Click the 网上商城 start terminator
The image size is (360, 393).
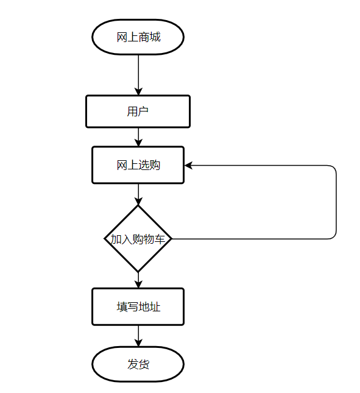coord(138,37)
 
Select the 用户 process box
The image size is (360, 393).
coord(138,112)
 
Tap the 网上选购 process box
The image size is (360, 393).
coord(138,165)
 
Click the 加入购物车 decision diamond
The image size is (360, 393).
coord(138,239)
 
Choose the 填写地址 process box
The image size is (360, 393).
coord(138,306)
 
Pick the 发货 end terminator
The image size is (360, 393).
coord(138,364)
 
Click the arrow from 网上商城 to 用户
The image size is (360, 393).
coord(138,74)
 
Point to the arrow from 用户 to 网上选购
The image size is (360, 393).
coord(138,137)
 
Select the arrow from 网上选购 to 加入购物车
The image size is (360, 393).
coord(138,194)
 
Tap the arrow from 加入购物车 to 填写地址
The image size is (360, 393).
coord(138,280)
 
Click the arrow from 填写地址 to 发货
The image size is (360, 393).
coord(138,336)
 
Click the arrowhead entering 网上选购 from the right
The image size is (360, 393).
coord(188,165)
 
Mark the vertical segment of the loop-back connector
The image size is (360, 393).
coord(336,202)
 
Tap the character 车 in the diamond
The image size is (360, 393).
coord(160,239)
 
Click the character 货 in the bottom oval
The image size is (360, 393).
coord(144,364)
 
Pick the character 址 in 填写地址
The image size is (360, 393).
coord(155,306)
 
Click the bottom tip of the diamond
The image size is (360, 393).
coord(138,271)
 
